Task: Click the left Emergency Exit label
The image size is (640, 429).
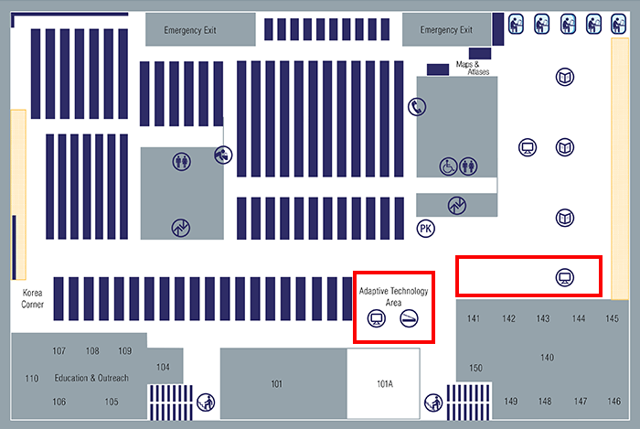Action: [x=189, y=30]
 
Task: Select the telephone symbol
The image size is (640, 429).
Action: [x=417, y=106]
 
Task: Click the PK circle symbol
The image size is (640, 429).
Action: [x=425, y=228]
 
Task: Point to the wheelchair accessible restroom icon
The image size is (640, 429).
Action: [x=448, y=166]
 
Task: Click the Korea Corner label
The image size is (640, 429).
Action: [x=32, y=297]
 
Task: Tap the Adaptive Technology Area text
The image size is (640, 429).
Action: [x=394, y=295]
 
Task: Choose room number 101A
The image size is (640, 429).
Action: [x=384, y=384]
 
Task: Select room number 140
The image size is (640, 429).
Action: [x=548, y=357]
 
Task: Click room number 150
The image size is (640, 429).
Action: [x=475, y=368]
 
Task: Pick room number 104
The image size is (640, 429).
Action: [x=163, y=367]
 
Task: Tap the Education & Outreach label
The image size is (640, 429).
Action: [x=91, y=378]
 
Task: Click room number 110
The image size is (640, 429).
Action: [x=32, y=379]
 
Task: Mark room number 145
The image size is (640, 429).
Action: [x=612, y=318]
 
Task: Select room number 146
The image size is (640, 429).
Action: [x=613, y=402]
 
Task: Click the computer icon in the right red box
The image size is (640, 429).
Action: [x=564, y=276]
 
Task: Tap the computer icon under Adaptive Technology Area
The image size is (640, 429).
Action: [x=375, y=318]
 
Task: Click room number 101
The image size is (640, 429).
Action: [x=277, y=384]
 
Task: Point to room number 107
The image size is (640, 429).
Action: [x=59, y=351]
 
